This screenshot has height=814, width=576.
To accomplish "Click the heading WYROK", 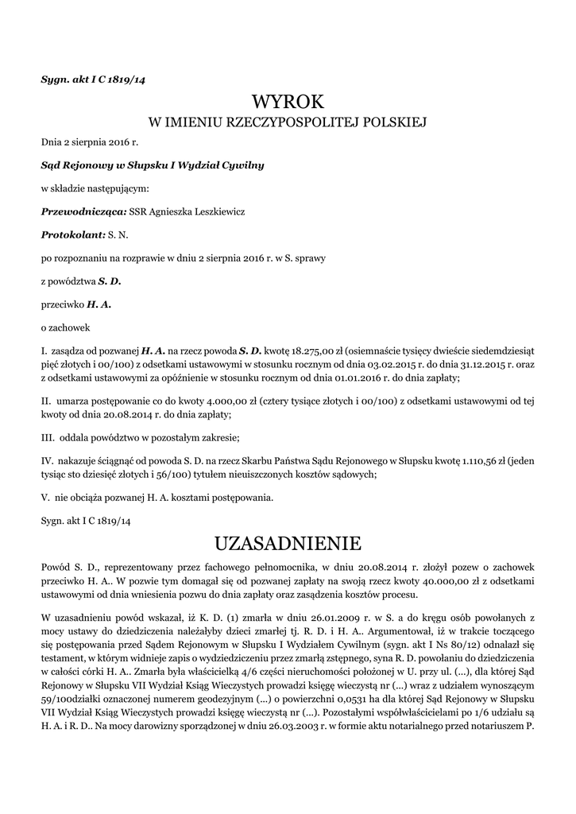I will [288, 102].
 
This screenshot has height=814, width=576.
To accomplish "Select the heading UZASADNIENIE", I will [288, 544].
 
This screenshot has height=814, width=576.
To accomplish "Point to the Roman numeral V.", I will [44, 498].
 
